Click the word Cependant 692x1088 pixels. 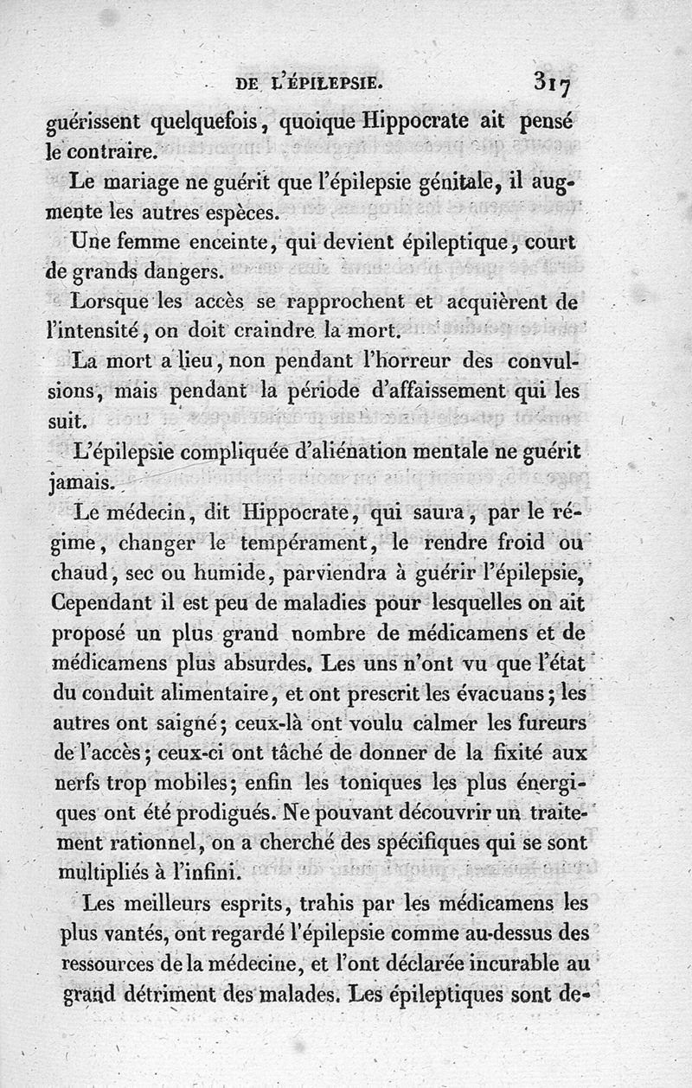click(110, 602)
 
